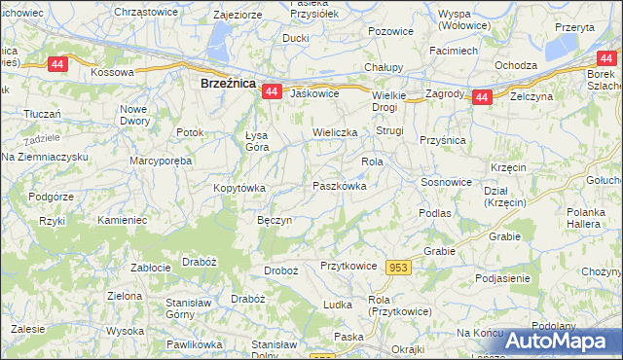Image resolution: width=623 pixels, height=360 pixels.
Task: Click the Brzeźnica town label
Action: click(x=227, y=85)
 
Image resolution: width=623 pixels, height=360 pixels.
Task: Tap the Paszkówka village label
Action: click(x=340, y=185)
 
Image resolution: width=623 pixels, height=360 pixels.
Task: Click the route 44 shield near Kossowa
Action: click(x=57, y=63)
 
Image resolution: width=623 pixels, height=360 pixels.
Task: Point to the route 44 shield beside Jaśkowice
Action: click(x=272, y=91)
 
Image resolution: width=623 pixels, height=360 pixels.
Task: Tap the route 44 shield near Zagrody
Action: click(x=481, y=97)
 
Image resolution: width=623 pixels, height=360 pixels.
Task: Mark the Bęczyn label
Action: click(x=275, y=221)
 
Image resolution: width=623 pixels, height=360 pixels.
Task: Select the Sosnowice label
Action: click(x=447, y=182)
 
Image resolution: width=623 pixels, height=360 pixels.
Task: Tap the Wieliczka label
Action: click(x=335, y=131)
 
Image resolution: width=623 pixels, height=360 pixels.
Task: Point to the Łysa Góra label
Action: click(x=257, y=141)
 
